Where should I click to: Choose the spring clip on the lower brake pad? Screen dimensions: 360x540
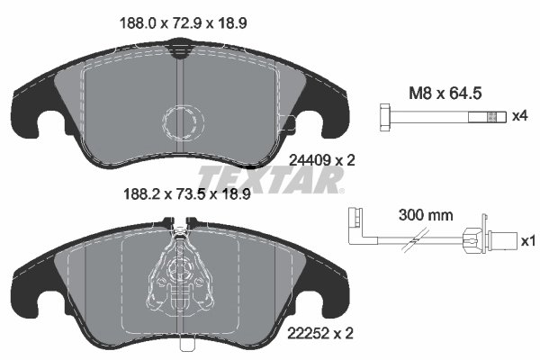[183, 274]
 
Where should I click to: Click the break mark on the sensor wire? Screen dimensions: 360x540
[417, 241]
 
